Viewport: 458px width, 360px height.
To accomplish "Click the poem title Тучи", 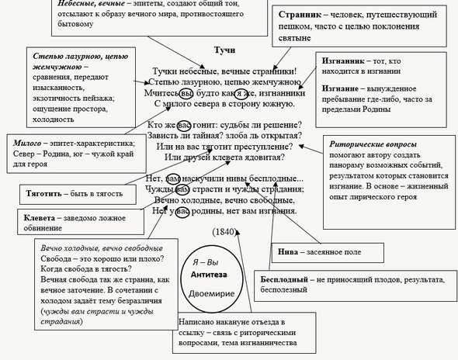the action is [x=224, y=50].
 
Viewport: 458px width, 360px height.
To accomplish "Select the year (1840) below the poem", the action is [x=224, y=231].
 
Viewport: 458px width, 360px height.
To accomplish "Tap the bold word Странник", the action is [x=300, y=15].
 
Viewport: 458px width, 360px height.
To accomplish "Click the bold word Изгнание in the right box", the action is [x=340, y=88].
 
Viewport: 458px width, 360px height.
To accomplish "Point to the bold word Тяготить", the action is [x=43, y=193].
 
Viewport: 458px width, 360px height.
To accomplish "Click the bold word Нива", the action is [x=288, y=251].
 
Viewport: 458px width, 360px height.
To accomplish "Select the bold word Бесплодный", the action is [x=284, y=279].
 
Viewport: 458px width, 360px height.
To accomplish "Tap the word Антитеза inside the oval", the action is [x=209, y=275].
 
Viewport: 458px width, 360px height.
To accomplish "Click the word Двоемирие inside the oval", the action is [x=211, y=293].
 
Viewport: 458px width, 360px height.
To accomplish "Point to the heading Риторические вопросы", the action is [x=373, y=144].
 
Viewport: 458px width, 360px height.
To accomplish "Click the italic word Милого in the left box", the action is [x=27, y=143].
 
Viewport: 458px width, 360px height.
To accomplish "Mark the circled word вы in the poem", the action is [x=186, y=93].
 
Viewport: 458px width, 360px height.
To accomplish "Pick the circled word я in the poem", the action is [x=239, y=93].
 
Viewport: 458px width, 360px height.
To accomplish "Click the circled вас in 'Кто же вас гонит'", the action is [x=184, y=125].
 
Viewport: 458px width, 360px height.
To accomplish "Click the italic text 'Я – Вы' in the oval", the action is [x=206, y=262].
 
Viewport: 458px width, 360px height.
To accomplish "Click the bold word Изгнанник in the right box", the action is [x=343, y=61].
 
